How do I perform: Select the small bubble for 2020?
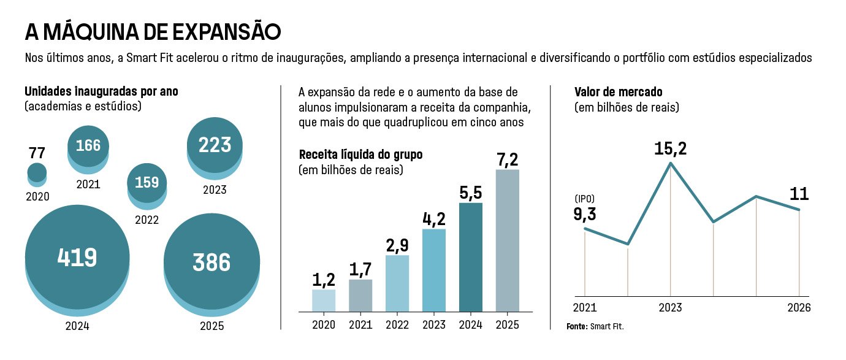click(x=37, y=174)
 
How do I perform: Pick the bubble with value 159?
click(x=147, y=183)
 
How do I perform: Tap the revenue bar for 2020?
click(x=324, y=300)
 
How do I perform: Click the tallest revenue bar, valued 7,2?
click(x=507, y=240)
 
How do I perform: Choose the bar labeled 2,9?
click(x=397, y=283)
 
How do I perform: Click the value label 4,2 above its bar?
click(x=434, y=219)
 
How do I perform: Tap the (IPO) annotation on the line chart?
click(x=585, y=199)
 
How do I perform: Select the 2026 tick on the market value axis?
click(x=799, y=307)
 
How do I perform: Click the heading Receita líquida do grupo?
click(x=360, y=155)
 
